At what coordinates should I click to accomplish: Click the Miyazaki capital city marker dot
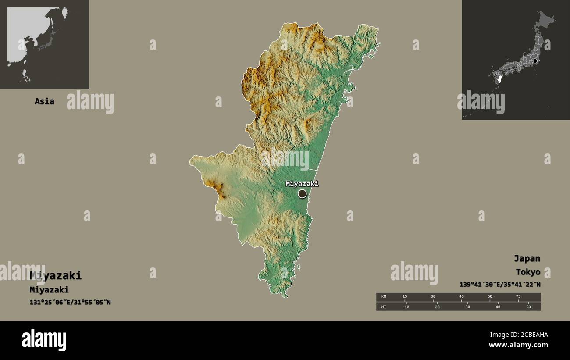(x=302, y=193)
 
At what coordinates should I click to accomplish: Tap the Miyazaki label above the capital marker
(x=302, y=184)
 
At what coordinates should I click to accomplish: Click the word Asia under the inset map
(x=44, y=101)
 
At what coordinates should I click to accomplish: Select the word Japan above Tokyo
(x=527, y=258)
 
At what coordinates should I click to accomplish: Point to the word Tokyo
(x=528, y=272)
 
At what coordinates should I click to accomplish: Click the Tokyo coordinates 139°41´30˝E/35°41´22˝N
(x=500, y=284)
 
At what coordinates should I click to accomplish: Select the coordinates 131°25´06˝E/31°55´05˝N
(x=70, y=302)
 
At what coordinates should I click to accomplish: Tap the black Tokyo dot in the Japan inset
(x=535, y=61)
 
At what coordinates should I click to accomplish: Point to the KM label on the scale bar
(x=384, y=296)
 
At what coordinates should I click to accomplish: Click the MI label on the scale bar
(x=384, y=307)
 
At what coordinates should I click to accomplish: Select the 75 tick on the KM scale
(x=518, y=296)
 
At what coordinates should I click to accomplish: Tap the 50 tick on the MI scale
(x=528, y=307)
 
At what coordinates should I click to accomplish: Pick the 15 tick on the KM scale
(x=405, y=296)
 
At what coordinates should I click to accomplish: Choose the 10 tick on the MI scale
(x=407, y=307)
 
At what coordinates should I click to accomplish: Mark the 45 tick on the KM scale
(x=461, y=296)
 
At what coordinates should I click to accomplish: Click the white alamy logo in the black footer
(x=44, y=340)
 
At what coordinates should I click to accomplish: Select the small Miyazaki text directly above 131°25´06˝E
(x=49, y=290)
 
